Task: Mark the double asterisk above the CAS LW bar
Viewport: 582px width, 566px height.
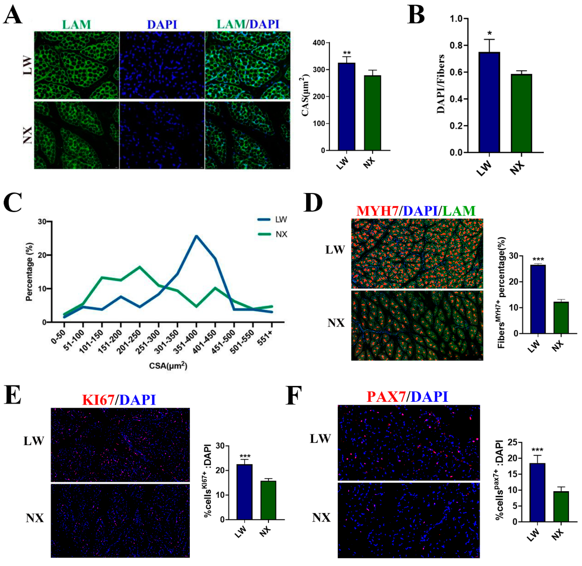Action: point(346,53)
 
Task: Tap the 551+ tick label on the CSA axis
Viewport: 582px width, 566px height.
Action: point(266,339)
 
